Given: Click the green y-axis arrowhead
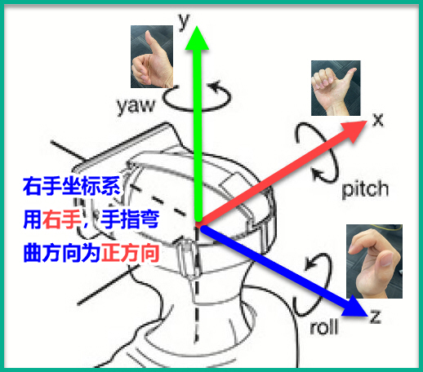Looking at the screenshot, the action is point(197,38).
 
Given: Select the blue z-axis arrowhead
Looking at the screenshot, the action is point(354,307).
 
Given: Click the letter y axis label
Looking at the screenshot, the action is point(184,21).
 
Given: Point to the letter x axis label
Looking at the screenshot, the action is point(378,120).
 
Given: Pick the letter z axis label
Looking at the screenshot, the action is point(376,317).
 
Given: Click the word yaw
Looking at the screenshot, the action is point(136,106).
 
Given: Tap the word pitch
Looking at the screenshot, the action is point(365,189).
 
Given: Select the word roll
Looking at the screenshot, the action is point(324,327).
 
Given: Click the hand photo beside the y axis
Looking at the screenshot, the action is point(152,56).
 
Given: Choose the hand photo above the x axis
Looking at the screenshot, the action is point(336,88).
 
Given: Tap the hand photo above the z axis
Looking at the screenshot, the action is point(374,261).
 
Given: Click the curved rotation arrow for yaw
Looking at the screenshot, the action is point(197,109).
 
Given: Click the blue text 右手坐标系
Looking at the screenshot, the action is point(72,186).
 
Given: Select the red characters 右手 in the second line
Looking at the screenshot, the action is point(61,219).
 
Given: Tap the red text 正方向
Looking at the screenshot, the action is point(130,253).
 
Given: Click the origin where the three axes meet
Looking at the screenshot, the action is point(198,224).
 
